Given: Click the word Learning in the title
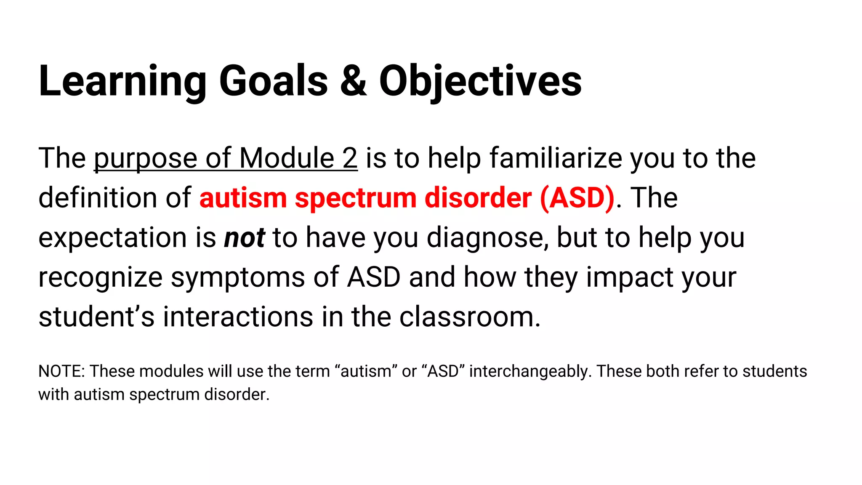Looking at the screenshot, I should tap(122, 81).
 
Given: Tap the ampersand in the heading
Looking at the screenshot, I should tap(353, 81).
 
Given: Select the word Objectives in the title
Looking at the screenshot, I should tap(480, 81).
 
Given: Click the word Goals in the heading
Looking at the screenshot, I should tap(273, 81).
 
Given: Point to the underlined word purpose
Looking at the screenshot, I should tap(145, 159).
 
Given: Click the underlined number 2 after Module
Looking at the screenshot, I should tap(349, 158).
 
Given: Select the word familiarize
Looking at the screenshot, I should tap(555, 158).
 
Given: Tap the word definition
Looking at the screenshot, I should tap(98, 197).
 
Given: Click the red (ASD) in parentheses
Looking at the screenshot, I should tap(577, 197).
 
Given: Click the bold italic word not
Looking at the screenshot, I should tap(244, 237).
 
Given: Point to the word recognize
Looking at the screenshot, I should tap(100, 278).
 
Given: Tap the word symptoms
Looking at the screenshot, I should tap(237, 278).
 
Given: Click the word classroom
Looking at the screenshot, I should tap(469, 317).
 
